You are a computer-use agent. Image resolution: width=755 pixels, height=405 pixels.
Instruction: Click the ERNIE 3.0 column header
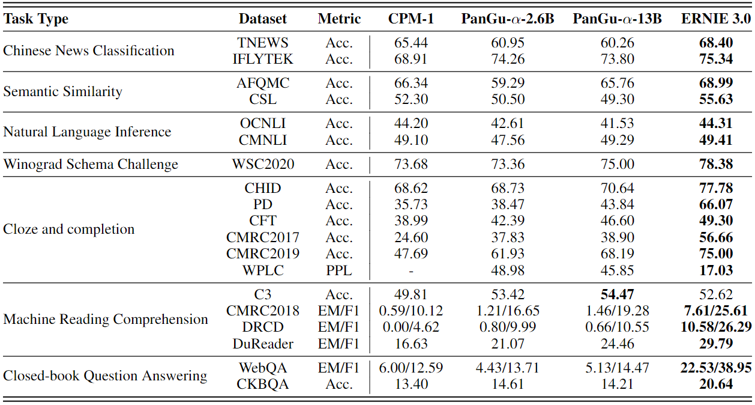(716, 19)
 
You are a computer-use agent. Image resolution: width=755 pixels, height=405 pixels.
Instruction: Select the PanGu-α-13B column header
(617, 19)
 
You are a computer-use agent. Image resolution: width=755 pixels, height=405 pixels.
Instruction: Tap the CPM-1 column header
(411, 19)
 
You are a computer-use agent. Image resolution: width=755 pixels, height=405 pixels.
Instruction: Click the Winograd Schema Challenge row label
(91, 165)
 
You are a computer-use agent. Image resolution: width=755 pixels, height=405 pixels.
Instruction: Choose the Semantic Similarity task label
(62, 91)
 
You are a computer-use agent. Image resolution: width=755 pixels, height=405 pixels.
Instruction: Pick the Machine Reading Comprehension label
(106, 319)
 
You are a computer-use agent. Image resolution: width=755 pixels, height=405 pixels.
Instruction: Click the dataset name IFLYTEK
(263, 59)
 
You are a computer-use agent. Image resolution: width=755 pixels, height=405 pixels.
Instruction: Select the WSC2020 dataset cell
(263, 165)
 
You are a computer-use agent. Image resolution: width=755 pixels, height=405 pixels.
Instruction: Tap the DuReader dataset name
(263, 344)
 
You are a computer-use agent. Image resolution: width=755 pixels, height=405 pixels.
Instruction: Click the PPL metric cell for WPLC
(338, 270)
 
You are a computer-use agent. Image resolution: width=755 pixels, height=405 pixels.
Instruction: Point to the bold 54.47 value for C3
(617, 294)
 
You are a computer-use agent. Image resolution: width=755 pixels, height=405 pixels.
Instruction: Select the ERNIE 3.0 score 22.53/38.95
(716, 368)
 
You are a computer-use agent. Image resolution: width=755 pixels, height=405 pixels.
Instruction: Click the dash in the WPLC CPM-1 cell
(411, 271)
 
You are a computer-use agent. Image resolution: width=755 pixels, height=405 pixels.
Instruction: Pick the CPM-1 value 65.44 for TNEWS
(411, 43)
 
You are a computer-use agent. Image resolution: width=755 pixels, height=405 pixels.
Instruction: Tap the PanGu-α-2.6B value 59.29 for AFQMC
(508, 83)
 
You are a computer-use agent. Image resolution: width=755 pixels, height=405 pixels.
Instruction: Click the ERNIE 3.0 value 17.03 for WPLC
(716, 270)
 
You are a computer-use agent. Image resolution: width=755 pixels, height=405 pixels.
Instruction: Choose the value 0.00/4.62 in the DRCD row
(411, 327)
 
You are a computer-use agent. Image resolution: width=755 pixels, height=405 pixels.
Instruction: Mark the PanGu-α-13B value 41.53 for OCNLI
(617, 124)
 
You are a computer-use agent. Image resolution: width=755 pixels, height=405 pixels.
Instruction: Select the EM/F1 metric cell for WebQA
(338, 368)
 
